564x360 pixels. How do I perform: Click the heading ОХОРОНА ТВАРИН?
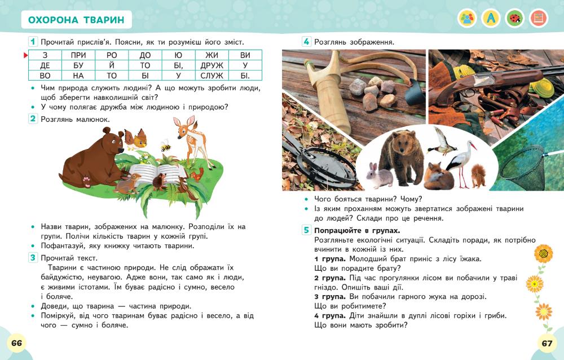click(76, 21)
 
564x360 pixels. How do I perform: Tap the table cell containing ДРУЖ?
click(211, 65)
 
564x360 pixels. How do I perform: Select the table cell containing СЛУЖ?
click(211, 76)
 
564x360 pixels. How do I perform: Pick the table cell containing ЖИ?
click(211, 55)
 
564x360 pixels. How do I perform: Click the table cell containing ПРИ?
click(78, 55)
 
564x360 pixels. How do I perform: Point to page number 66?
click(16, 343)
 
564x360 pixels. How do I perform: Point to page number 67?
click(547, 343)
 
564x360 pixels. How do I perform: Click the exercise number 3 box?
click(33, 258)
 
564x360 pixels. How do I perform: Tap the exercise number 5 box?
click(306, 230)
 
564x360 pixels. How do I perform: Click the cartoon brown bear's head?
click(111, 141)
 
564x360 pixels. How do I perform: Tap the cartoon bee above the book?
click(165, 146)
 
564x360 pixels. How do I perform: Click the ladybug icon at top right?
click(514, 18)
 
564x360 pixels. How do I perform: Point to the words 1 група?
click(327, 258)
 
